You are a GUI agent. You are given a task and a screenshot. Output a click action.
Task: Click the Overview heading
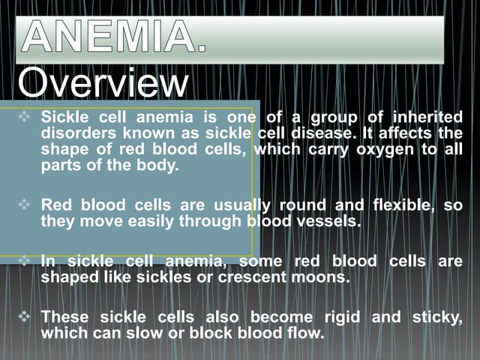103,83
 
